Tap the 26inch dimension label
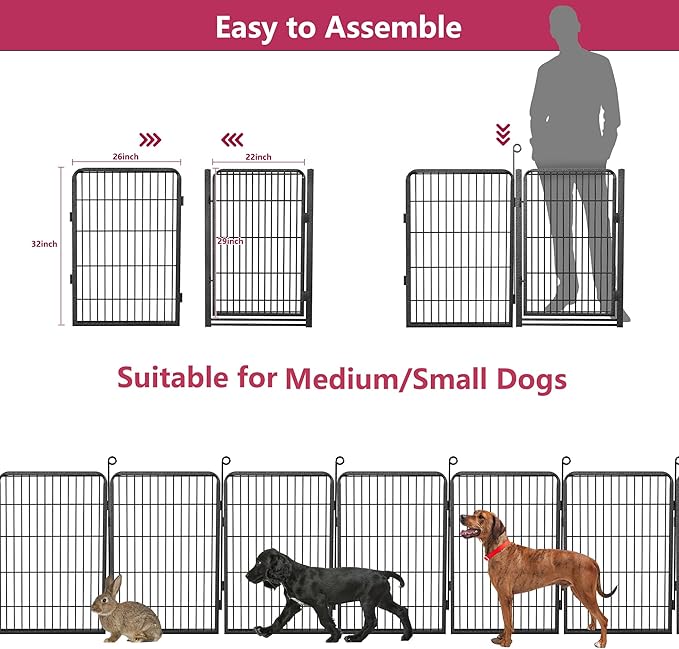tap(125, 157)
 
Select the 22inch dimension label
tap(257, 157)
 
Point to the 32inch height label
tap(44, 243)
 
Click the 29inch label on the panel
tap(230, 241)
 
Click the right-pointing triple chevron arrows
tap(150, 139)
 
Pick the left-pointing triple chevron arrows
tap(232, 139)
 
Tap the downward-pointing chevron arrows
tap(503, 134)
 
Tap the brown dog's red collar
tap(495, 549)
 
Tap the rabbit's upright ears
tap(115, 584)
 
